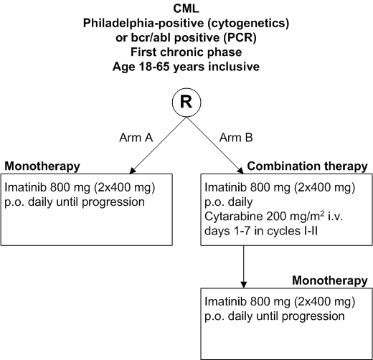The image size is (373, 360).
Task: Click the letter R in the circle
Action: pyautogui.click(x=186, y=102)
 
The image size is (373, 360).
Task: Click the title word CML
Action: pyautogui.click(x=186, y=9)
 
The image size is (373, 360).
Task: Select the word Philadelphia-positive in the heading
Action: pyautogui.click(x=143, y=23)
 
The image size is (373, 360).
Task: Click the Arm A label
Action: pyautogui.click(x=136, y=138)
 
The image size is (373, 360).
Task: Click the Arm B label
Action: pyautogui.click(x=236, y=138)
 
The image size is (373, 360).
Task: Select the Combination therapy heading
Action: pyautogui.click(x=307, y=166)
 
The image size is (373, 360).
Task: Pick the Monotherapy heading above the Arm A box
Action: pyautogui.click(x=42, y=166)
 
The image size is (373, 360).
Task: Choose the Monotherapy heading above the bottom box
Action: pyautogui.click(x=330, y=280)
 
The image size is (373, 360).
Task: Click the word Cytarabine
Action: pyautogui.click(x=234, y=217)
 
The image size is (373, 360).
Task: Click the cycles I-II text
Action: pyautogui.click(x=293, y=231)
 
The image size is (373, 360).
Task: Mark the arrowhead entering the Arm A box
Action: pyautogui.click(x=132, y=171)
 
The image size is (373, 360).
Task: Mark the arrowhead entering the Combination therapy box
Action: pyautogui.click(x=240, y=171)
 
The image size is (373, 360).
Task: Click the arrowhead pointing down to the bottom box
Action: pyautogui.click(x=244, y=285)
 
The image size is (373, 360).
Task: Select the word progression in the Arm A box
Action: pyautogui.click(x=113, y=202)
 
